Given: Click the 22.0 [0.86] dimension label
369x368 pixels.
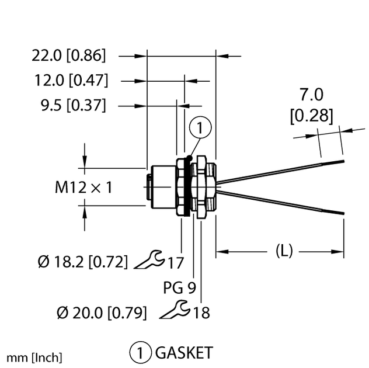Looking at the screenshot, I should [x=69, y=56].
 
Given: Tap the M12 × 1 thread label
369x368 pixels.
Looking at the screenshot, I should [x=83, y=188].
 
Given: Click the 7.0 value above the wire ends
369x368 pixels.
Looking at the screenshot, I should [x=311, y=95].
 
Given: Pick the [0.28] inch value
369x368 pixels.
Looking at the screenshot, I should [x=311, y=116].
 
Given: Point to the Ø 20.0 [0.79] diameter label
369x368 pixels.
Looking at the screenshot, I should [x=102, y=313].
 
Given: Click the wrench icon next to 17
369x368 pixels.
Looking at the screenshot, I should [x=148, y=260].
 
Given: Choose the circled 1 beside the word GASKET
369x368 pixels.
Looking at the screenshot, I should [x=140, y=352].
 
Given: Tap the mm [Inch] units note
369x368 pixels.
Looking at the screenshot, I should [x=34, y=357].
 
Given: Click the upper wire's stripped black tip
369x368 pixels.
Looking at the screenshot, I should [x=334, y=162].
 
